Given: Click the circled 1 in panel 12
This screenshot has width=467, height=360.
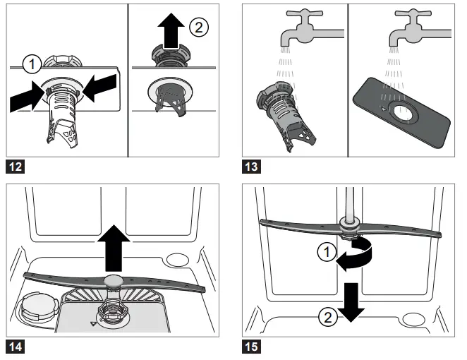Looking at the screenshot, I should [x=31, y=66].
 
